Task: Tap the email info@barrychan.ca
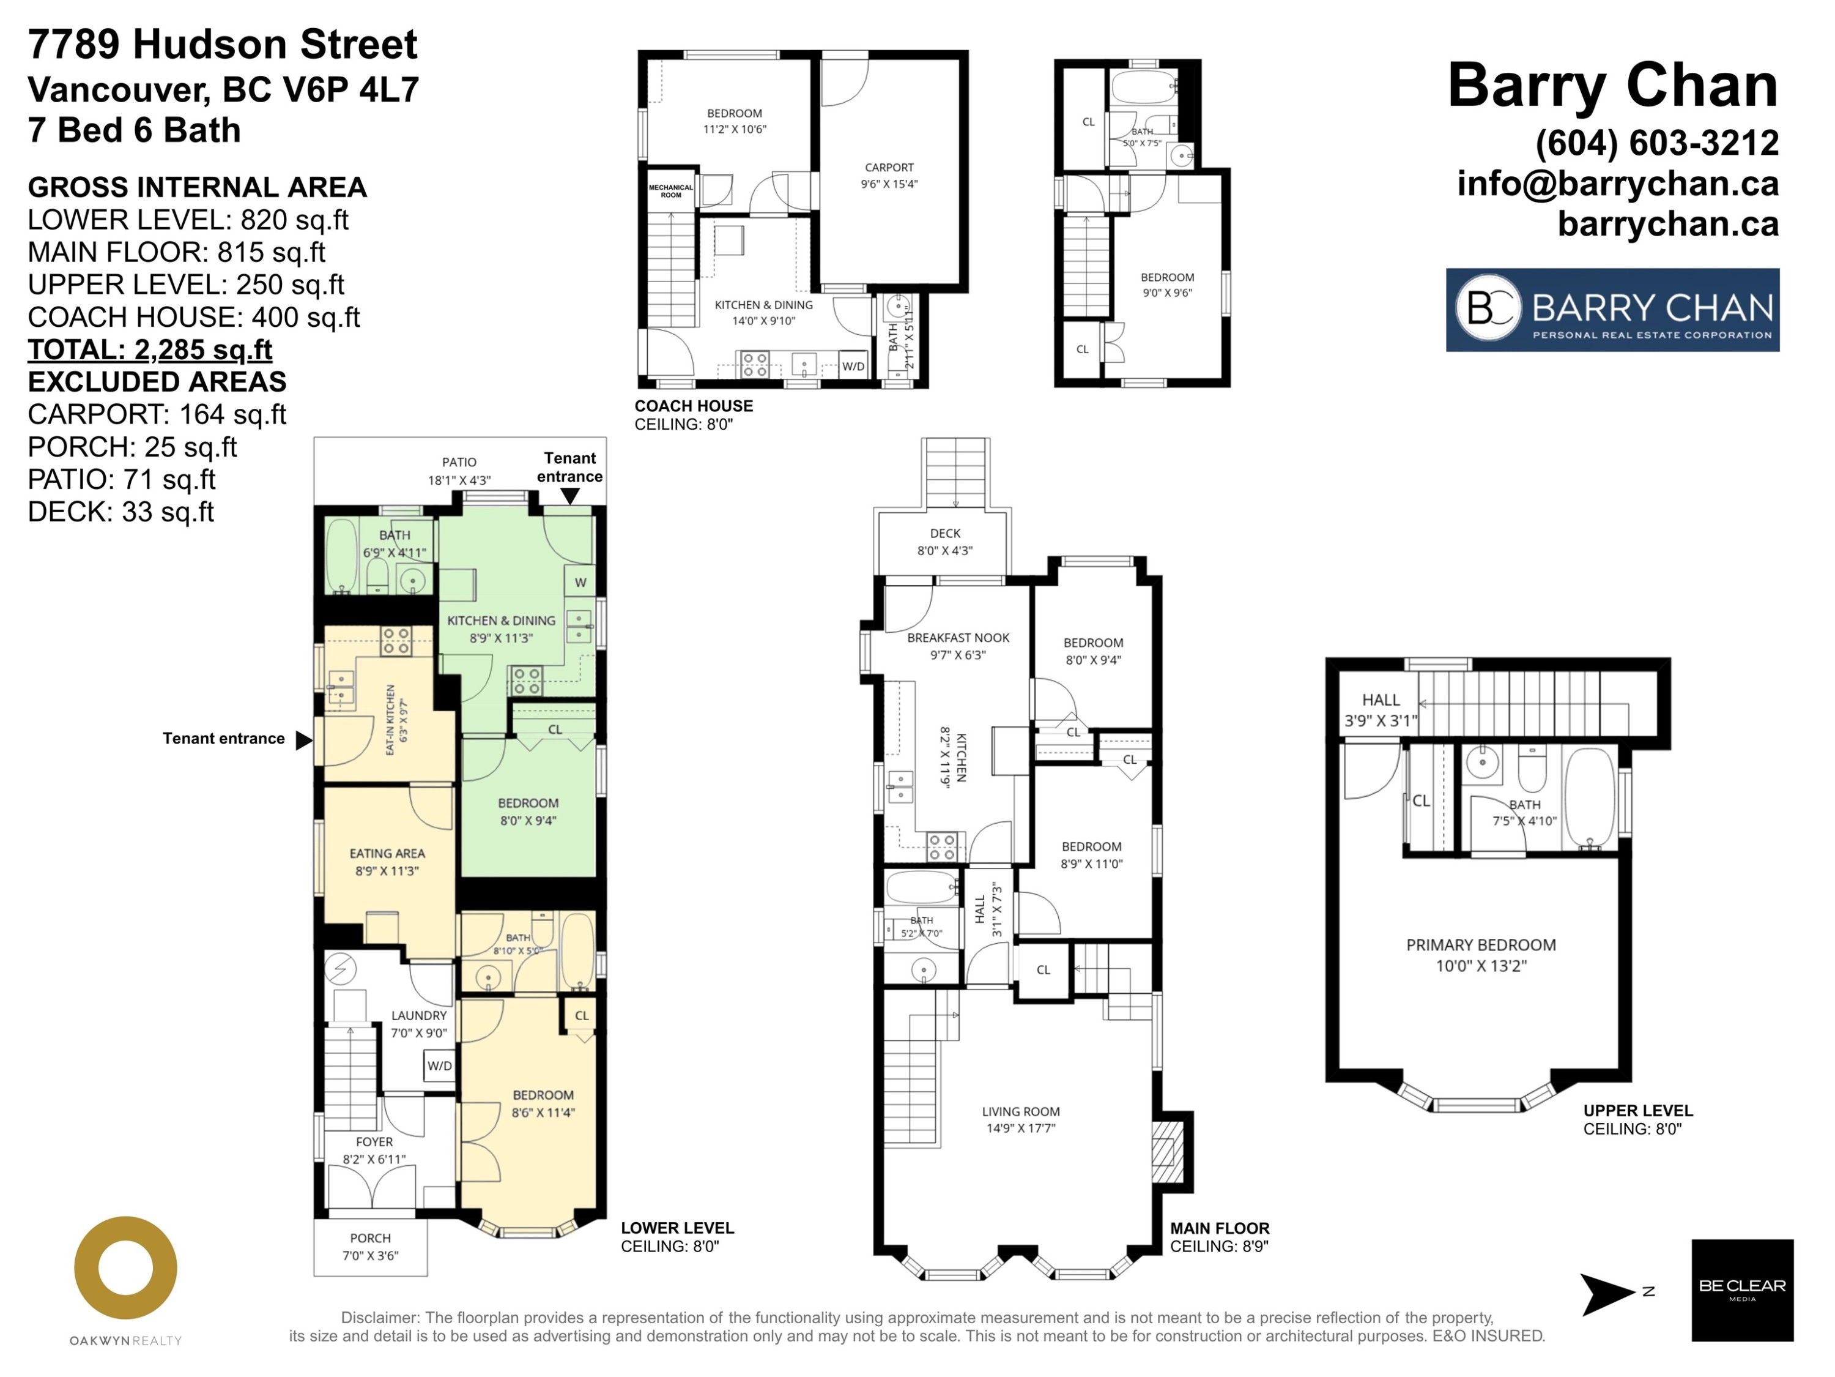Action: click(x=1618, y=184)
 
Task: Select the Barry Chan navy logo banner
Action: click(x=1613, y=310)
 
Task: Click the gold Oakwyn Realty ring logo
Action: click(x=125, y=1267)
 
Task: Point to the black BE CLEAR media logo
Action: click(x=1742, y=1290)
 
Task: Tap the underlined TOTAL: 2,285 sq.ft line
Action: click(x=150, y=349)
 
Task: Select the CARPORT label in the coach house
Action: click(x=889, y=168)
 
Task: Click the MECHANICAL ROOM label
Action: click(x=670, y=191)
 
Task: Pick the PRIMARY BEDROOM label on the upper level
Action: click(x=1481, y=944)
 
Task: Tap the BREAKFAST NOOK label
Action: click(x=958, y=638)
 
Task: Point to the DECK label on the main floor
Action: click(x=945, y=534)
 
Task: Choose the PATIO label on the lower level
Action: click(x=459, y=462)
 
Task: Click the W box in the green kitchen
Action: click(x=580, y=582)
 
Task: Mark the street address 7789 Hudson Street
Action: click(x=222, y=44)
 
